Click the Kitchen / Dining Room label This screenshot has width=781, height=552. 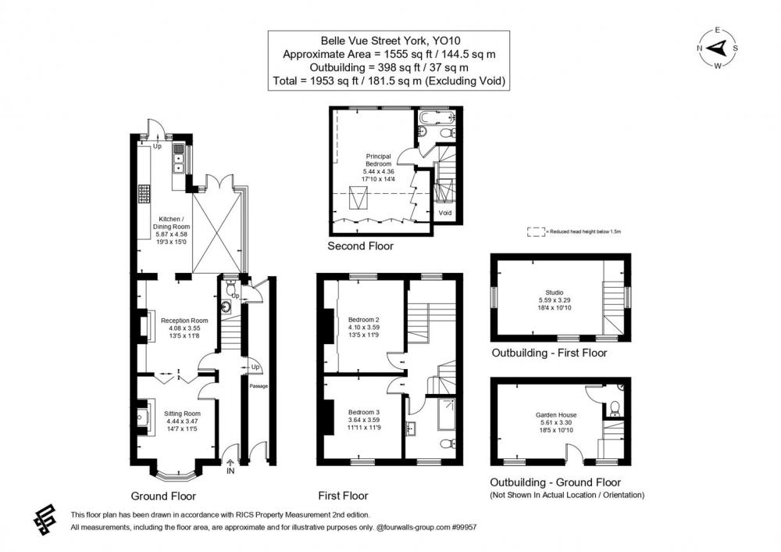coord(171,223)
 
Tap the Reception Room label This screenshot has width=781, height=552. coord(184,321)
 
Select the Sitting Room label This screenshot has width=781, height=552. coord(182,414)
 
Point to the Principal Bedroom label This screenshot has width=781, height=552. coord(379,160)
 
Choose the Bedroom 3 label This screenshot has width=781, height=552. coord(364,412)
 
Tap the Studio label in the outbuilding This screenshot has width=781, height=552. coord(555,292)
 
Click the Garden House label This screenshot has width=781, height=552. coord(556,415)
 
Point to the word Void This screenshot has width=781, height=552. coord(445,213)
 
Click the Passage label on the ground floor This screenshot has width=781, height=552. coord(259,386)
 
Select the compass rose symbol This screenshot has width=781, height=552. coord(717,48)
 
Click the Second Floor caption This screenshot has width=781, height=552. coord(360,246)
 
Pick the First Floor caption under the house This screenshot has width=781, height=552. coord(343,496)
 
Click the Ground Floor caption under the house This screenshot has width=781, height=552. coord(163,496)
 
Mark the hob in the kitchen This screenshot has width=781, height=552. coord(144,194)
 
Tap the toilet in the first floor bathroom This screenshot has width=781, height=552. coord(447,443)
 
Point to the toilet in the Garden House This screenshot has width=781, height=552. coord(615,408)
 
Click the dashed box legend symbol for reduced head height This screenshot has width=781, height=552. coord(536,232)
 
